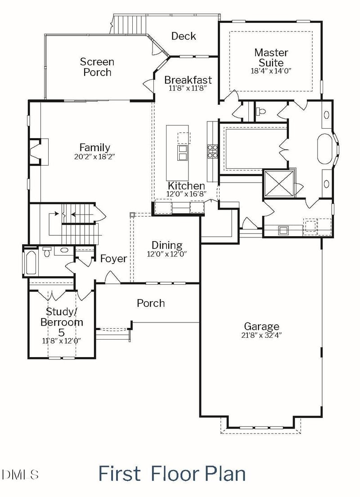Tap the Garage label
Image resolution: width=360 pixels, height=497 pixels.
pyautogui.click(x=261, y=327)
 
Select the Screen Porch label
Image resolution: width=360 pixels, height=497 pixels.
pyautogui.click(x=97, y=67)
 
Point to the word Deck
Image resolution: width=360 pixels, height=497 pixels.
pyautogui.click(x=184, y=36)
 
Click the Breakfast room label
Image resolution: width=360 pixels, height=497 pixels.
pyautogui.click(x=188, y=80)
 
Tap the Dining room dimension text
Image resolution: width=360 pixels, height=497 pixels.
pyautogui.click(x=166, y=254)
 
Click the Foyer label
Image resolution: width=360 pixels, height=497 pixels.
pyautogui.click(x=113, y=259)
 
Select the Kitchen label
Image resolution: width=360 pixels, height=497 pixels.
pyautogui.click(x=186, y=186)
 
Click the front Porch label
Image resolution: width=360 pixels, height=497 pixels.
pyautogui.click(x=151, y=303)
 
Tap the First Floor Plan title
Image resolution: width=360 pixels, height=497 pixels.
pyautogui.click(x=172, y=474)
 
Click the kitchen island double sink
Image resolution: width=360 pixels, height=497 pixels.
pyautogui.click(x=183, y=152)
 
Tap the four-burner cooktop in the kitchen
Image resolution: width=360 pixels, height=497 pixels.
pyautogui.click(x=212, y=151)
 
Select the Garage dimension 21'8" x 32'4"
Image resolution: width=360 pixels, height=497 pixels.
pyautogui.click(x=261, y=335)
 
